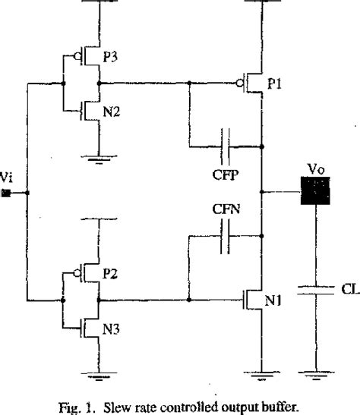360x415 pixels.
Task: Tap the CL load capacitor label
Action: [x=330, y=289]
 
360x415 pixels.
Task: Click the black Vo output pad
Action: [x=313, y=192]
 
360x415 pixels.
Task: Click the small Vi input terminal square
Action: [x=5, y=193]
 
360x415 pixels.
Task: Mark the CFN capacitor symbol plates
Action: [x=226, y=242]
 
